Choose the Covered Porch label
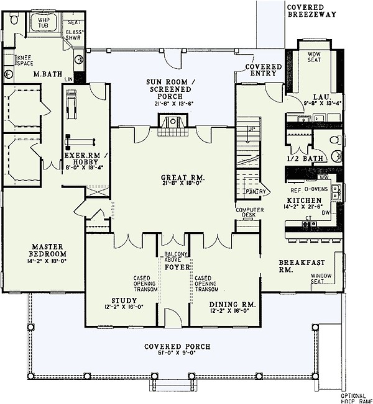coord(177,346)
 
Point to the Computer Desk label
coord(250,212)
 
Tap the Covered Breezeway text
coord(310,10)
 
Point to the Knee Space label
coord(23,61)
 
